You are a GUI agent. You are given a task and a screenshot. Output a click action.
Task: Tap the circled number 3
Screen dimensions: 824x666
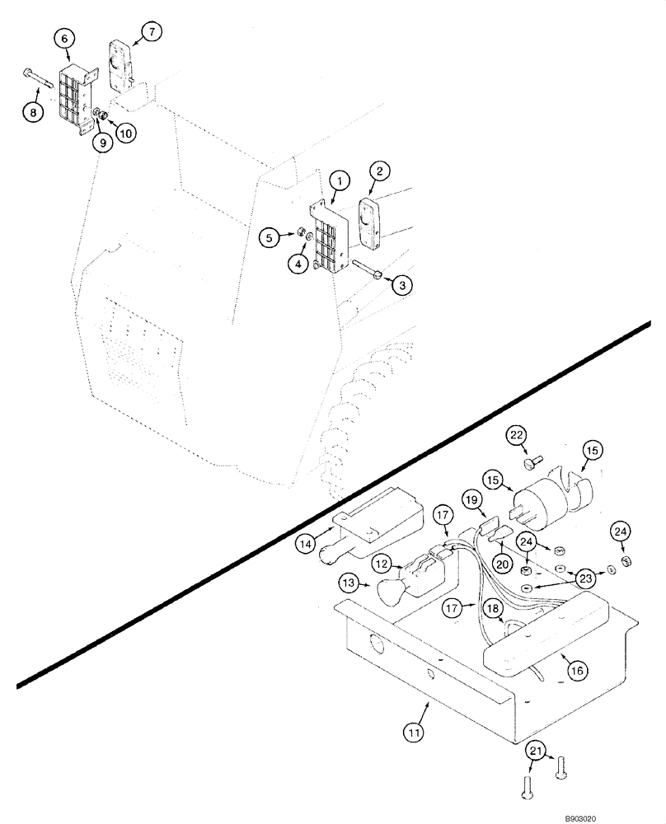401,285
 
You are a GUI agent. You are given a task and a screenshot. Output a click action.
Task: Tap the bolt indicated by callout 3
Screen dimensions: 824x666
367,270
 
